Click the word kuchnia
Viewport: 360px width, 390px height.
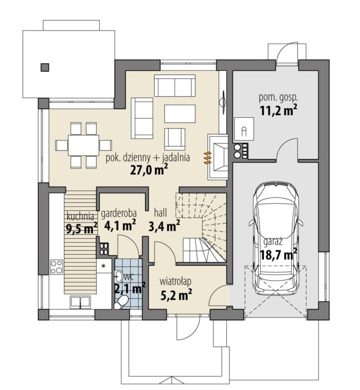pyautogui.click(x=80, y=216)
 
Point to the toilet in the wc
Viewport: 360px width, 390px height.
pyautogui.click(x=121, y=302)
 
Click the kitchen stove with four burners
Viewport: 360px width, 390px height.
pyautogui.click(x=57, y=267)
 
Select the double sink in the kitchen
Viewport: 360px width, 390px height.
pyautogui.click(x=80, y=302)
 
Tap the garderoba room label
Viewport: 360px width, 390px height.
pyautogui.click(x=119, y=214)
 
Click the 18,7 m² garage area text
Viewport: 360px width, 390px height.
pyautogui.click(x=278, y=254)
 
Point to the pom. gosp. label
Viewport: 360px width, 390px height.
pyautogui.click(x=278, y=98)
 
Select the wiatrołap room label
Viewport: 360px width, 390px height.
pyautogui.click(x=175, y=282)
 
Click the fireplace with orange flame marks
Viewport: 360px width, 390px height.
pyautogui.click(x=218, y=157)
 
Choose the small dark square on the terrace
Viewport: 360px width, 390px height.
pyautogui.click(x=45, y=67)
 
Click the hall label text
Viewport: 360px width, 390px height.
pyautogui.click(x=160, y=213)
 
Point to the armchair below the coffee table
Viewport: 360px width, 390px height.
pyautogui.click(x=175, y=139)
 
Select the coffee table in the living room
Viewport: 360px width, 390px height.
pyautogui.click(x=180, y=114)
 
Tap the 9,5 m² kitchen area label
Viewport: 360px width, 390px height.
pyautogui.click(x=81, y=228)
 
